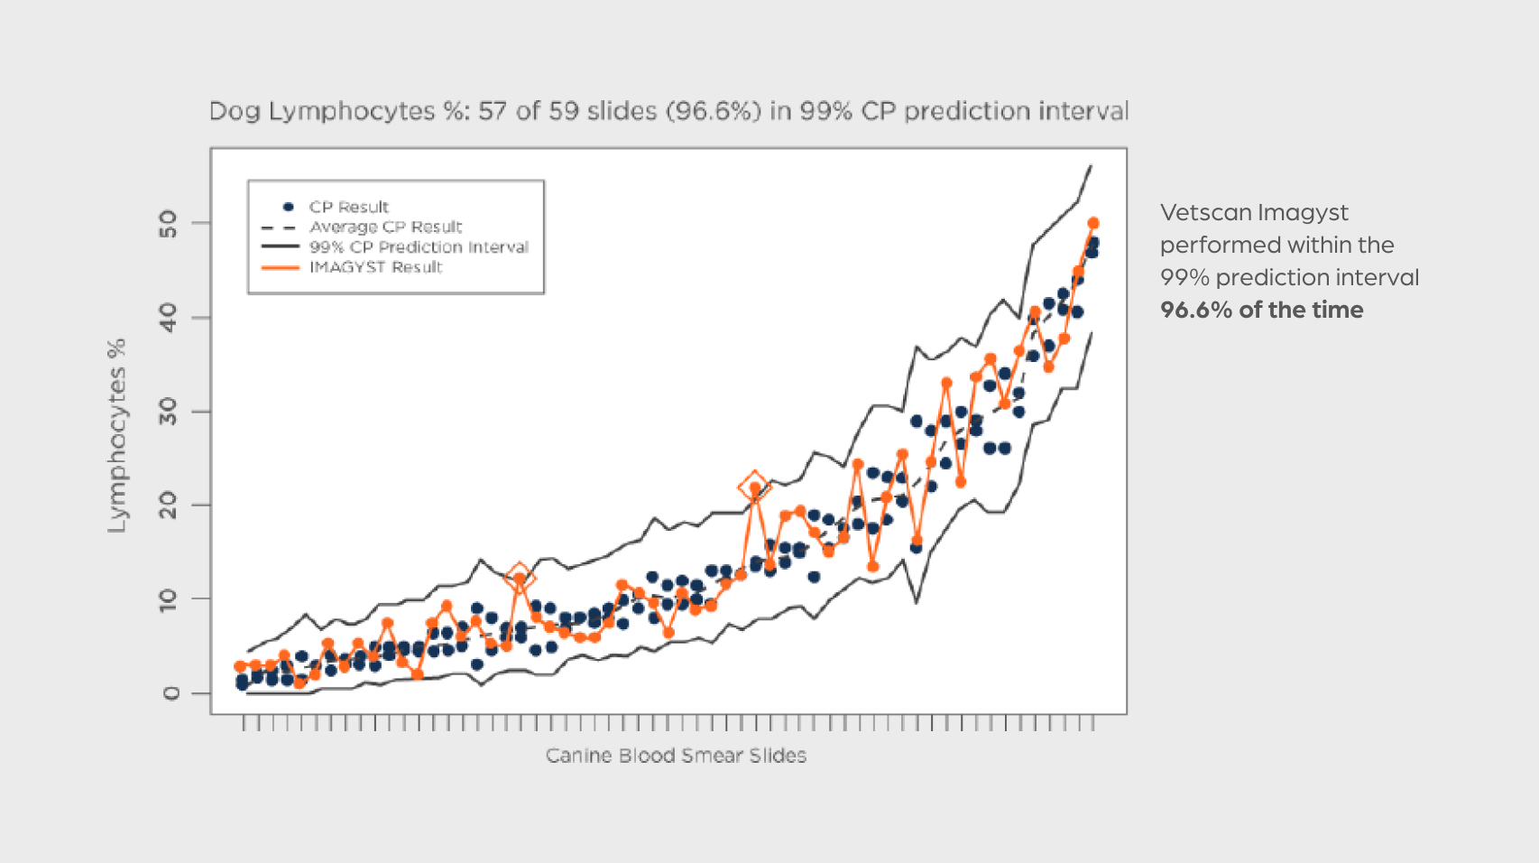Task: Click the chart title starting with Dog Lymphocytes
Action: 668,111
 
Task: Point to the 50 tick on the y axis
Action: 169,223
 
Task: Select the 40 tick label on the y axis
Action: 169,317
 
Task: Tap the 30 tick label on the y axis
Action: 169,412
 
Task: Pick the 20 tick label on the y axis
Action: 169,506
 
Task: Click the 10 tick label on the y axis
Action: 169,599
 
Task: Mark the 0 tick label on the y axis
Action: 170,693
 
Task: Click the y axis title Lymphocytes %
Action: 117,435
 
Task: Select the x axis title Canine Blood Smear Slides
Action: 676,756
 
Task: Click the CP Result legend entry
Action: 348,207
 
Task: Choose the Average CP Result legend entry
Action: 385,227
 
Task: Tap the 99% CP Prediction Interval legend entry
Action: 419,246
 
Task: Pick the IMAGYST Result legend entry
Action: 375,267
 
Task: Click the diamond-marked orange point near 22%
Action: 754,487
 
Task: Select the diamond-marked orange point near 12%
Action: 520,578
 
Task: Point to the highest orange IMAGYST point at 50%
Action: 1093,223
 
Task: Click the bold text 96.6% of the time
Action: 1261,310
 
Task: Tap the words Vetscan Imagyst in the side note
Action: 1254,212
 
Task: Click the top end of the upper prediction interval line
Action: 1092,165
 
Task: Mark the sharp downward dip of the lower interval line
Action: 917,602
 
